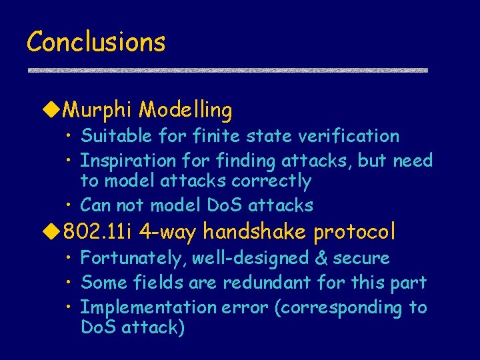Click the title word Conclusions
95,42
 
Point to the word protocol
355,233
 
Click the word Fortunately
129,258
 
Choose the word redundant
267,283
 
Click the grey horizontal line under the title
227,70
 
